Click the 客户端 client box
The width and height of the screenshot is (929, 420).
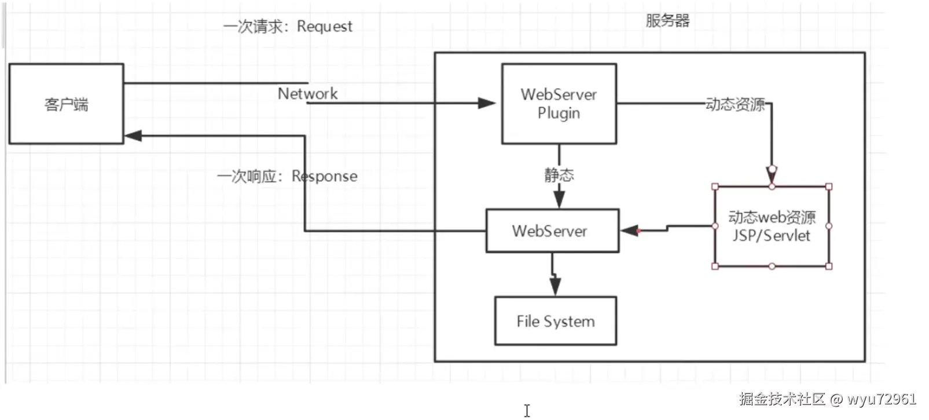66,104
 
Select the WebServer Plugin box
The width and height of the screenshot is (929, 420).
559,104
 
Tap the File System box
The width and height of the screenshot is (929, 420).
555,322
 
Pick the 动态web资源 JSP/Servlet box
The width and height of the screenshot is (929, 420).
772,227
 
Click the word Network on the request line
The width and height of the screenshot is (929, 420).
307,93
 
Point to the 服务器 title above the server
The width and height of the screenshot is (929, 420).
667,21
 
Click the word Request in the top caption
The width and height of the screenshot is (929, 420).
325,27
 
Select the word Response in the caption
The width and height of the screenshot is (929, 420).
325,176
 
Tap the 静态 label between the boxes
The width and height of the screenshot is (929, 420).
559,175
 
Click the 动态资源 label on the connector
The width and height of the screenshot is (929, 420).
735,104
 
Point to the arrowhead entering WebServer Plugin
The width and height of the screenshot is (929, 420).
487,104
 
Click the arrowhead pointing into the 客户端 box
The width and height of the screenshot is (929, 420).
133,136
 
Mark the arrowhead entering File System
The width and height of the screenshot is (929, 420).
555,286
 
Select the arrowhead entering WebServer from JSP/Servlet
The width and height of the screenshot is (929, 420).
629,231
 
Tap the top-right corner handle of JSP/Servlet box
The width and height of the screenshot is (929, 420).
829,187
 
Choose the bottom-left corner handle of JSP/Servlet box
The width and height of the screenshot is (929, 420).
715,266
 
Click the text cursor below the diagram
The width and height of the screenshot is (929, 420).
527,410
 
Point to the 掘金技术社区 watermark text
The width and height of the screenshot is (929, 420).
781,399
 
